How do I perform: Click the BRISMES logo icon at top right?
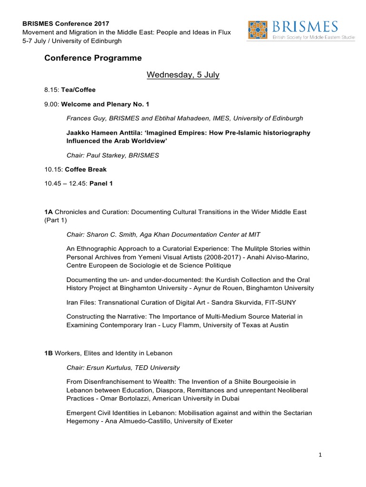tap(257, 29)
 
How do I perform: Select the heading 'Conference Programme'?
tap(93, 58)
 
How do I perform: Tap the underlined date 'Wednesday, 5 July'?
tap(183, 75)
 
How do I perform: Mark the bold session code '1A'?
tap(48, 212)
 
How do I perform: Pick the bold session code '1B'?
tap(48, 353)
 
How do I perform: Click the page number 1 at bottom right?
tap(321, 455)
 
